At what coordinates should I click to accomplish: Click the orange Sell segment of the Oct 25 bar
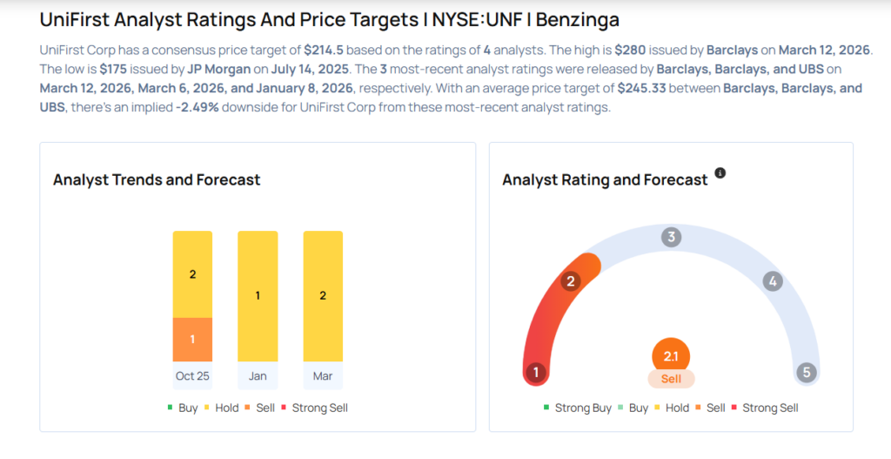click(x=192, y=340)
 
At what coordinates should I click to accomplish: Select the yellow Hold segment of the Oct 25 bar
click(x=192, y=274)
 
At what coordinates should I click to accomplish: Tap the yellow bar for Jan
click(x=258, y=296)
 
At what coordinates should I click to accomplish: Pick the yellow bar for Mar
click(x=323, y=296)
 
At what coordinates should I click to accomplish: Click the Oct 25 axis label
click(x=192, y=376)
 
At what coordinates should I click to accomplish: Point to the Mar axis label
click(x=323, y=376)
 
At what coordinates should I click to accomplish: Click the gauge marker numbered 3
click(x=671, y=237)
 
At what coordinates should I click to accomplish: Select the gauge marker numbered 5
click(x=807, y=373)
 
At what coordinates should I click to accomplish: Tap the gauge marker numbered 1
click(x=536, y=373)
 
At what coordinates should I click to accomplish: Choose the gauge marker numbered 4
click(x=772, y=281)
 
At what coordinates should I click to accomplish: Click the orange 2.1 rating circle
click(x=671, y=355)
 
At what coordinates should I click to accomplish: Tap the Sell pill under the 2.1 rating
click(x=671, y=379)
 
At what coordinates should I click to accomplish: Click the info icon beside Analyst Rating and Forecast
click(x=720, y=173)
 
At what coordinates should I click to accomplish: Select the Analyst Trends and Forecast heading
click(x=157, y=179)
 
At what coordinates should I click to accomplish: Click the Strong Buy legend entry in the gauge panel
click(x=577, y=408)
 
